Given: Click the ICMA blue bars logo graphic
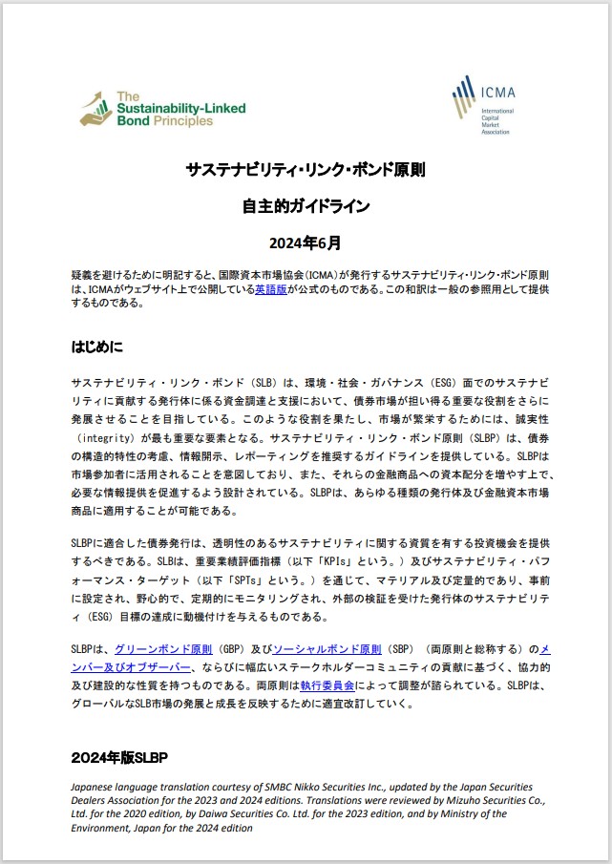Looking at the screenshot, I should (465, 98).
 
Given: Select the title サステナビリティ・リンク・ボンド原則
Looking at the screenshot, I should (306, 171).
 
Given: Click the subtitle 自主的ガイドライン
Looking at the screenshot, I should (306, 205).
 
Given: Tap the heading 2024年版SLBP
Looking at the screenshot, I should (119, 758).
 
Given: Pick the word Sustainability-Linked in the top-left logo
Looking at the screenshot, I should (180, 109).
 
